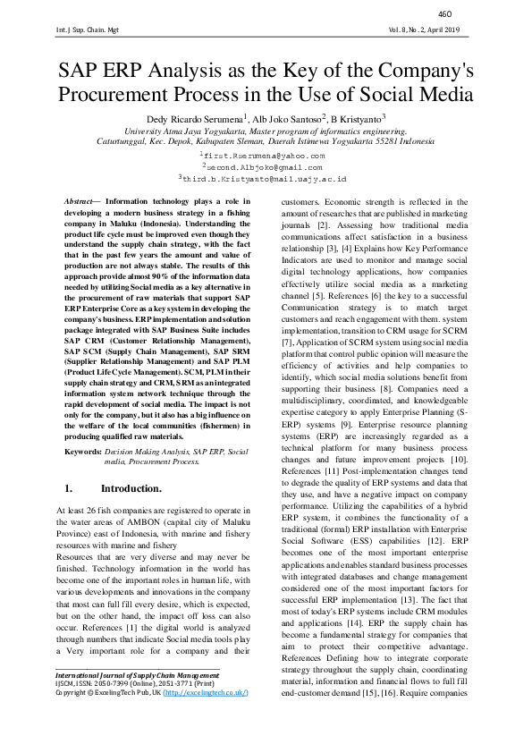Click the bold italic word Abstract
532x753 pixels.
[81, 203]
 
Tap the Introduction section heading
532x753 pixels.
[131, 489]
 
